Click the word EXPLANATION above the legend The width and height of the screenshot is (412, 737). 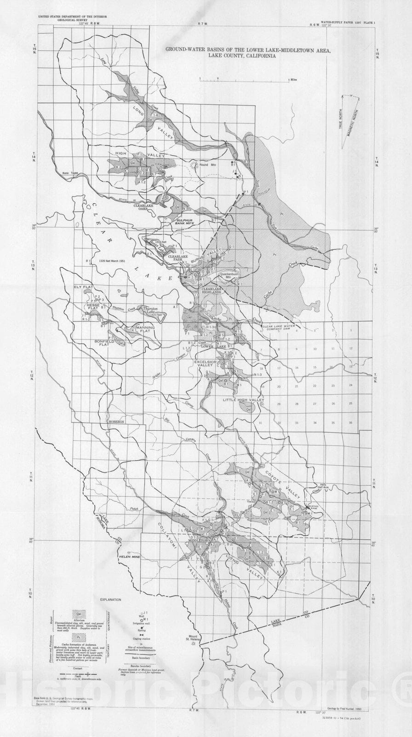[x=110, y=600]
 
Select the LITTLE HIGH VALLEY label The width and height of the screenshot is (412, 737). [x=244, y=400]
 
